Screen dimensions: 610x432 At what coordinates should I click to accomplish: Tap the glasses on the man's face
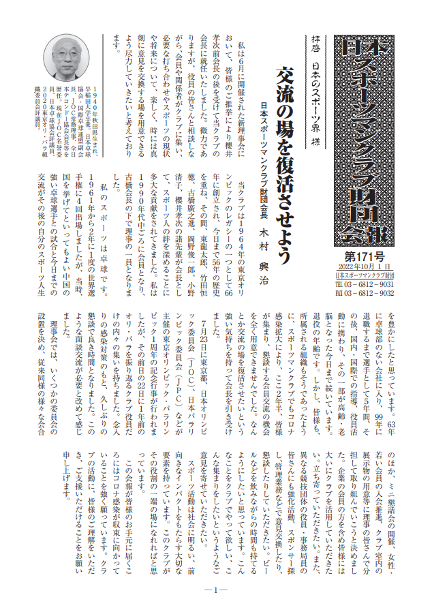click(x=71, y=56)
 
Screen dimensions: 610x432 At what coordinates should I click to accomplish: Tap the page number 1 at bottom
click(x=215, y=590)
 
